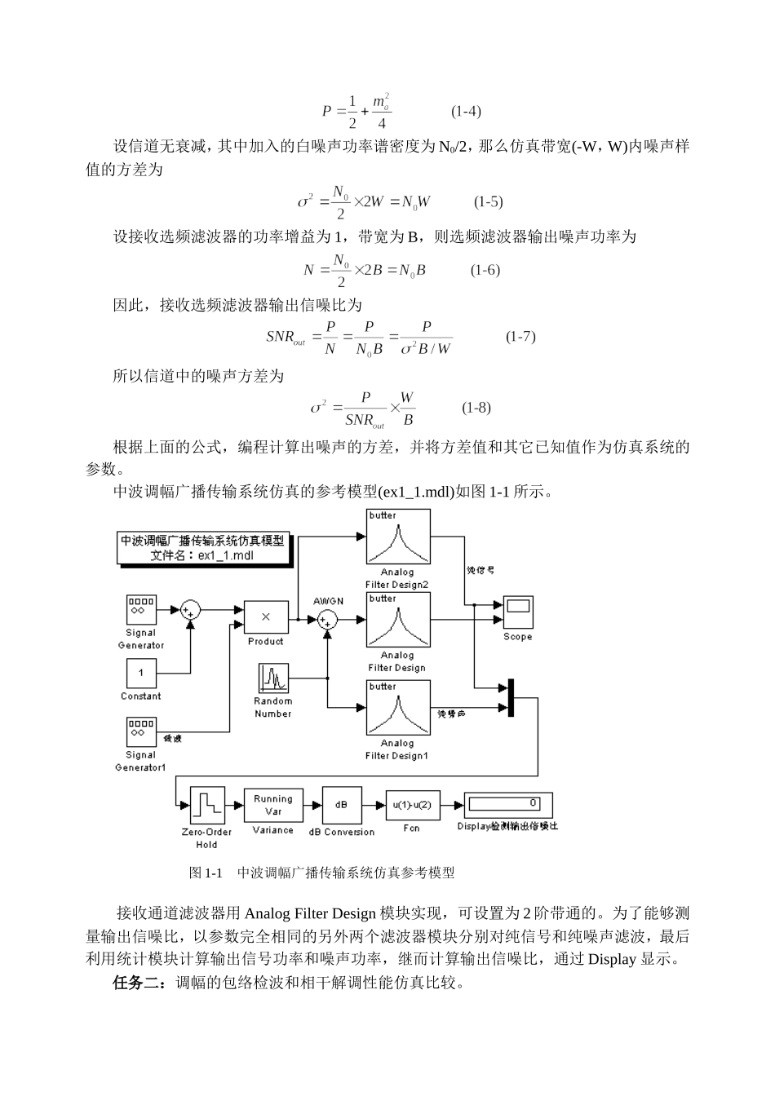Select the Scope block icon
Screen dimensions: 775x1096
tap(517, 611)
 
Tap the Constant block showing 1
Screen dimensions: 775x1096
tap(141, 674)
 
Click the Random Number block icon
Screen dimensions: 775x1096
tap(273, 678)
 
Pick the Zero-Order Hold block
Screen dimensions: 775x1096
tap(207, 806)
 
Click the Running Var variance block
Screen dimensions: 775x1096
tap(272, 805)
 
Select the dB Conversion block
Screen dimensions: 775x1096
tap(341, 805)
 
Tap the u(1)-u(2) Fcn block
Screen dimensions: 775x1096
tap(412, 805)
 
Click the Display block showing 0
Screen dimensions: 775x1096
tap(507, 804)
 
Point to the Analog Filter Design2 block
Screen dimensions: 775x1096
tap(397, 537)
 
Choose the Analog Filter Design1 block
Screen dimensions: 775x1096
tap(397, 709)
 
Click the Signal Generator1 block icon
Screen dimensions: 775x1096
tap(141, 731)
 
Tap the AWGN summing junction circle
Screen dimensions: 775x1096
tap(328, 620)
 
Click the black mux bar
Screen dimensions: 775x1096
tap(511, 698)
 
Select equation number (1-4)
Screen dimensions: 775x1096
tap(466, 112)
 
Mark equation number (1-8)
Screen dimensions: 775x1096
tap(476, 407)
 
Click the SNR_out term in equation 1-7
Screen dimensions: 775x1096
tap(286, 337)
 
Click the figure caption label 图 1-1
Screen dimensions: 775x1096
tap(206, 873)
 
